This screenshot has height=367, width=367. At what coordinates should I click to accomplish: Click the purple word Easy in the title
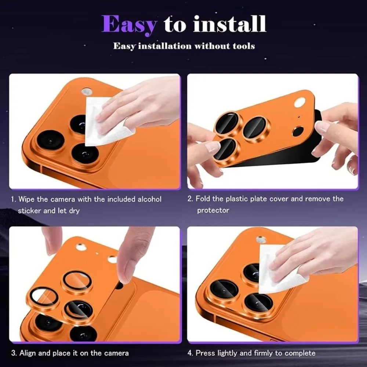pos(129,24)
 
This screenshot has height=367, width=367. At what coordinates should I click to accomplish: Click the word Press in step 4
pos(205,353)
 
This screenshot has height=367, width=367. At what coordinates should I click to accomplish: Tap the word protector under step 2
pos(213,210)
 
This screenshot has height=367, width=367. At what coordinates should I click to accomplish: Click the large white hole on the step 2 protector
pos(300,102)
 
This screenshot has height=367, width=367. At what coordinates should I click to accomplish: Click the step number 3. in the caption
pos(14,353)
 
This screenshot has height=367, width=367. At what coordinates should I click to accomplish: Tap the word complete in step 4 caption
pos(300,353)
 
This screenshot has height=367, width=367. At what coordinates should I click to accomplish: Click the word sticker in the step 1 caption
pos(30,211)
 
